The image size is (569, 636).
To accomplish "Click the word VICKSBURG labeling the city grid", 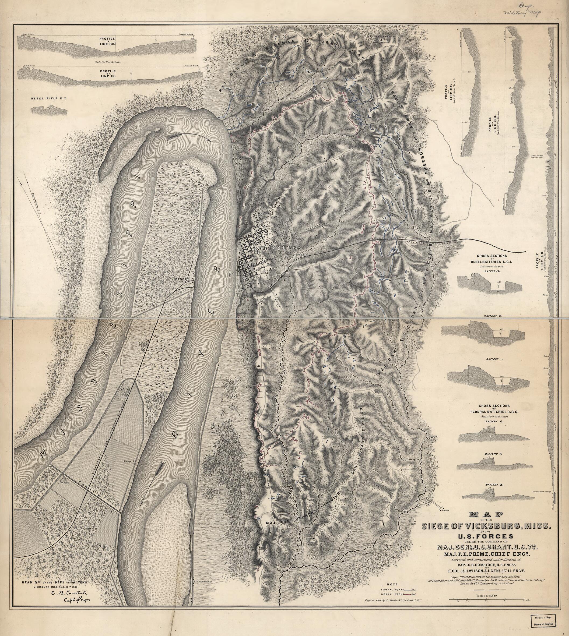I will [279, 247].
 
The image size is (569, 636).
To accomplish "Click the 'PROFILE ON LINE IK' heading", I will [108, 74].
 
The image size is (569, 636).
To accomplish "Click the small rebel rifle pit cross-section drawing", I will [42, 110].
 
